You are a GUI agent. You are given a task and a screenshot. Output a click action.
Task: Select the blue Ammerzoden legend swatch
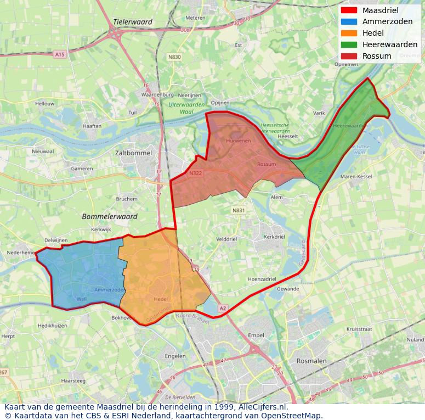tap(348, 22)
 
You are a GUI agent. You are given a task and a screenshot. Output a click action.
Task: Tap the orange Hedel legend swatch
tap(348, 33)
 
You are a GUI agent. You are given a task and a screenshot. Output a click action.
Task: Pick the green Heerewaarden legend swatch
tap(348, 45)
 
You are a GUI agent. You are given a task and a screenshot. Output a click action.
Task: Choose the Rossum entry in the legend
tap(377, 57)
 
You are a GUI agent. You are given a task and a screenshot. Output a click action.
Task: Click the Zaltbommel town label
tap(133, 153)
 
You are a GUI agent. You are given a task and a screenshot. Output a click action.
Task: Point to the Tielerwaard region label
tap(133, 22)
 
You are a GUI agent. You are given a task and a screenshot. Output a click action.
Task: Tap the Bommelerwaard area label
tap(109, 217)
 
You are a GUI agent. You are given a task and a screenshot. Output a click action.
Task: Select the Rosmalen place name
tap(311, 361)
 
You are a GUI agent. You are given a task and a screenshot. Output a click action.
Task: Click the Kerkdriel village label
tap(274, 237)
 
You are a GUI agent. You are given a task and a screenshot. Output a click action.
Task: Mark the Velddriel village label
tap(226, 239)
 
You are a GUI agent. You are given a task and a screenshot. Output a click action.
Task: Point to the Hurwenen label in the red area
tap(238, 141)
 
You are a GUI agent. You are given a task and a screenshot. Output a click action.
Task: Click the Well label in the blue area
tap(82, 299)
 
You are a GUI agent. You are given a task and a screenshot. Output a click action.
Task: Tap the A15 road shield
tap(60, 54)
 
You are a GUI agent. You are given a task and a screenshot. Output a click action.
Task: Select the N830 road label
tap(174, 57)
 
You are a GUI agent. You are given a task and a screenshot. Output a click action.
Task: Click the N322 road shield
tap(195, 174)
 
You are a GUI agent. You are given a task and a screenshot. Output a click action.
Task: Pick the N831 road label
tap(238, 210)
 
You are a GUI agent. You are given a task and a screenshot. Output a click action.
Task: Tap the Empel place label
tap(256, 335)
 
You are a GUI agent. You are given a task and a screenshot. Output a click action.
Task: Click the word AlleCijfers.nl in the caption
tap(263, 407)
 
